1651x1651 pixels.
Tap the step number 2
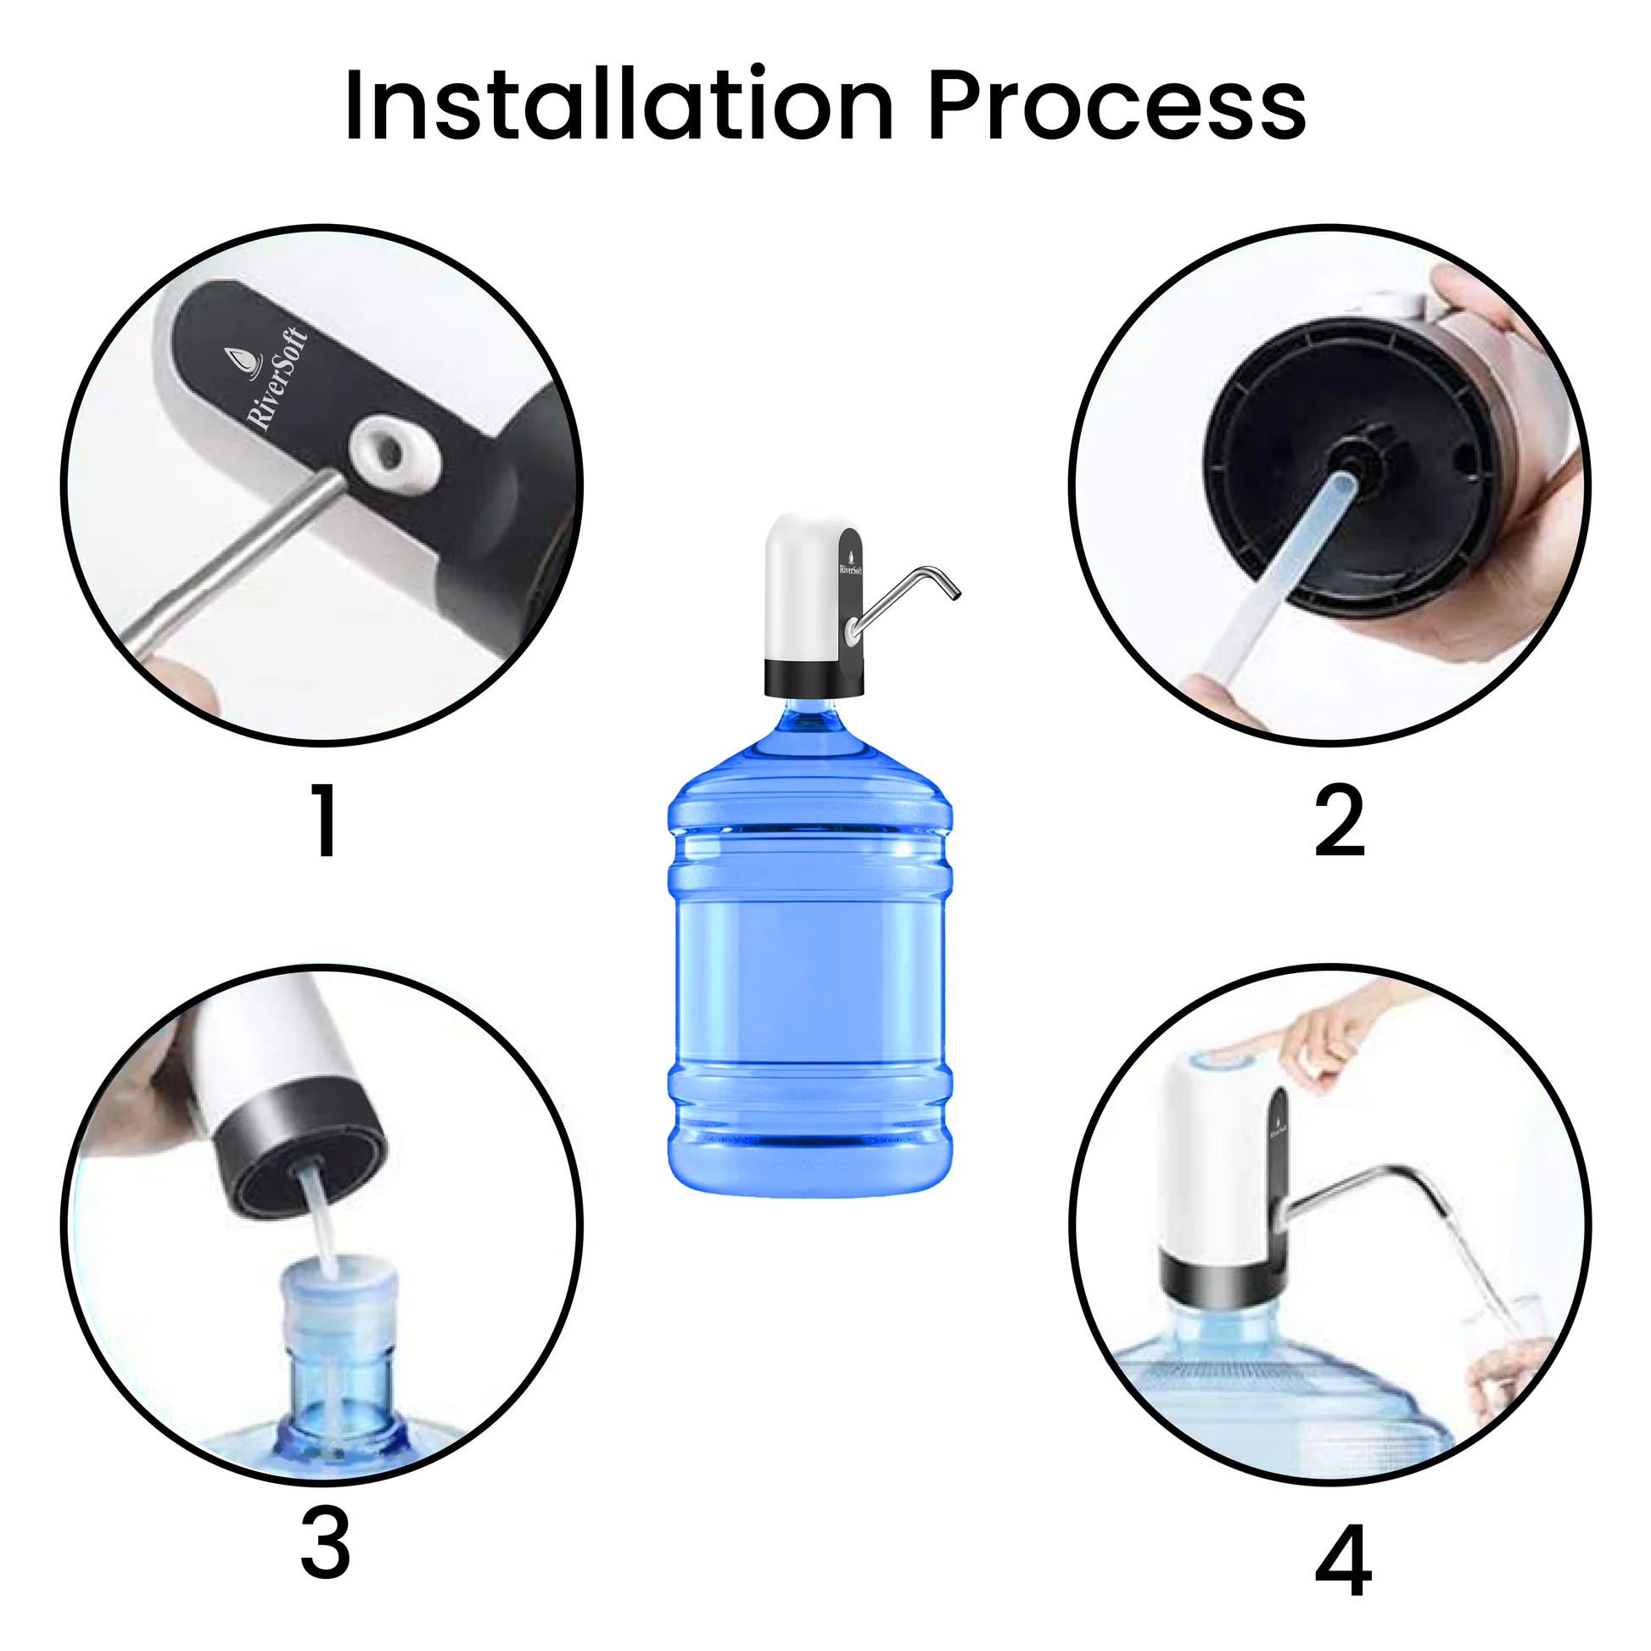(x=1339, y=821)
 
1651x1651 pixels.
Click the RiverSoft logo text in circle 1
(x=276, y=378)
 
